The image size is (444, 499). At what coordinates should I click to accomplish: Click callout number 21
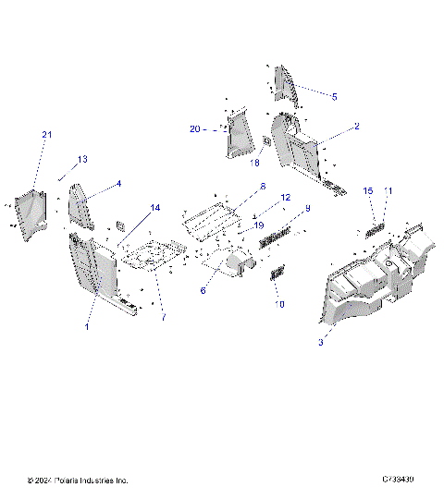pyautogui.click(x=47, y=136)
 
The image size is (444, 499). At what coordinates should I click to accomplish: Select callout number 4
pyautogui.click(x=118, y=183)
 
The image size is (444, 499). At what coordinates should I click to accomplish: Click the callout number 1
pyautogui.click(x=87, y=327)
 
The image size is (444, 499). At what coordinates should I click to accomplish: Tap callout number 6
pyautogui.click(x=203, y=289)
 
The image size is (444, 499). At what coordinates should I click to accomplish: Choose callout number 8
pyautogui.click(x=262, y=186)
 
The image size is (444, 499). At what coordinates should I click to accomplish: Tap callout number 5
pyautogui.click(x=334, y=95)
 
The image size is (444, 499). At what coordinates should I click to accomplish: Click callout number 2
pyautogui.click(x=356, y=126)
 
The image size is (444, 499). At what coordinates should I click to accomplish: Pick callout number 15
pyautogui.click(x=367, y=191)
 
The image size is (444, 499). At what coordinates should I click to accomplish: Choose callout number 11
pyautogui.click(x=388, y=191)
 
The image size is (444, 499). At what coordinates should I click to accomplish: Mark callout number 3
pyautogui.click(x=320, y=343)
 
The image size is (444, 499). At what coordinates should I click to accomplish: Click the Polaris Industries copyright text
pyautogui.click(x=79, y=481)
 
